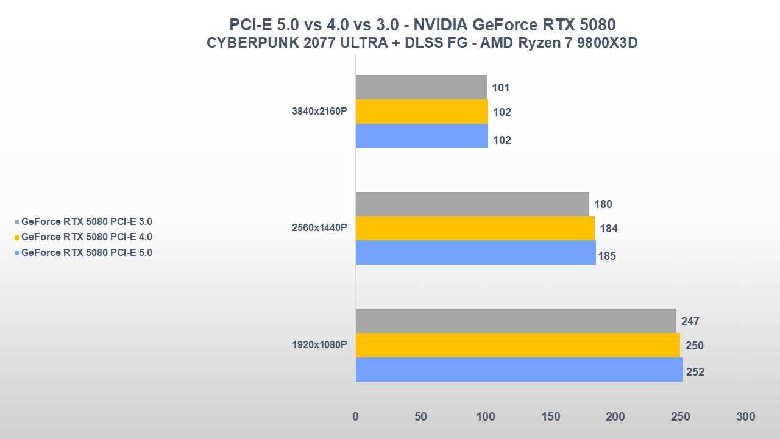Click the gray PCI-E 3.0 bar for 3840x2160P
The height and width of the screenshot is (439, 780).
click(x=421, y=87)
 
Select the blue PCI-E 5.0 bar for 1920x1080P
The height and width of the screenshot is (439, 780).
click(x=519, y=369)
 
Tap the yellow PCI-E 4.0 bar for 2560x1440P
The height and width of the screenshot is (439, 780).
click(x=475, y=229)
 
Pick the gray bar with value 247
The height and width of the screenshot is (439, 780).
click(x=516, y=321)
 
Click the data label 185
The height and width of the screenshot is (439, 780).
click(x=606, y=256)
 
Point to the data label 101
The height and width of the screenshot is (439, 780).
click(x=500, y=88)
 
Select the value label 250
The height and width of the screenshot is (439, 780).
click(x=694, y=346)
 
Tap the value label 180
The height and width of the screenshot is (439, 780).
click(x=603, y=204)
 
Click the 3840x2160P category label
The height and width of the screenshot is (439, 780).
click(x=319, y=112)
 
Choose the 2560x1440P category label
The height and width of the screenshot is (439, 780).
click(x=319, y=228)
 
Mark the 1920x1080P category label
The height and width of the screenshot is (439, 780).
click(x=319, y=345)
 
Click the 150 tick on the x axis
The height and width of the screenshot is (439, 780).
click(x=550, y=417)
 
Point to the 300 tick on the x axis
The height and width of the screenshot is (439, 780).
click(x=745, y=417)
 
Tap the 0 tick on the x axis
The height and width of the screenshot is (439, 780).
click(x=356, y=417)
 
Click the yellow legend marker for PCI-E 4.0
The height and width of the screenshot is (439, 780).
click(x=17, y=238)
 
